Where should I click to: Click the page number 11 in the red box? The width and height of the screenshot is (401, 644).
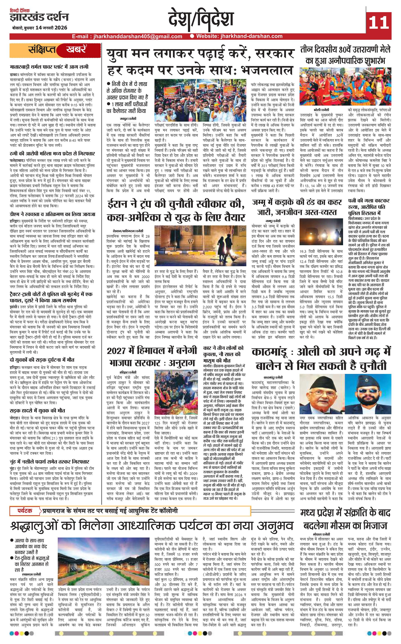378,22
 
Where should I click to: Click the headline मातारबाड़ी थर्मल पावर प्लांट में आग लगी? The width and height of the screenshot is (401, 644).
49,67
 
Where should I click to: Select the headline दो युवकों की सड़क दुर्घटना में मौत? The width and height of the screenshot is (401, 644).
42,360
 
